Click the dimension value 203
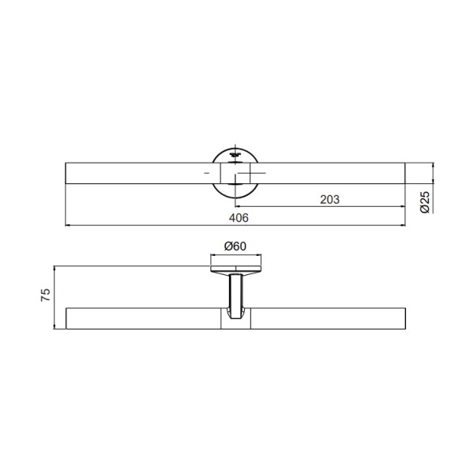pos(329,200)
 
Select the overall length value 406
pos(239,218)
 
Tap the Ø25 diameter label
pos(425,202)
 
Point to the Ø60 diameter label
pos(235,246)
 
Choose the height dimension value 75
pos(46,295)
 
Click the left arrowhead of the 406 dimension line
pos(67,225)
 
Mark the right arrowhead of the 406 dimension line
pos(403,225)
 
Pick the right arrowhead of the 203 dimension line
pos(403,206)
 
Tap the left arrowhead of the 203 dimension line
pos(237,206)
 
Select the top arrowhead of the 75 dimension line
pos(55,269)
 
